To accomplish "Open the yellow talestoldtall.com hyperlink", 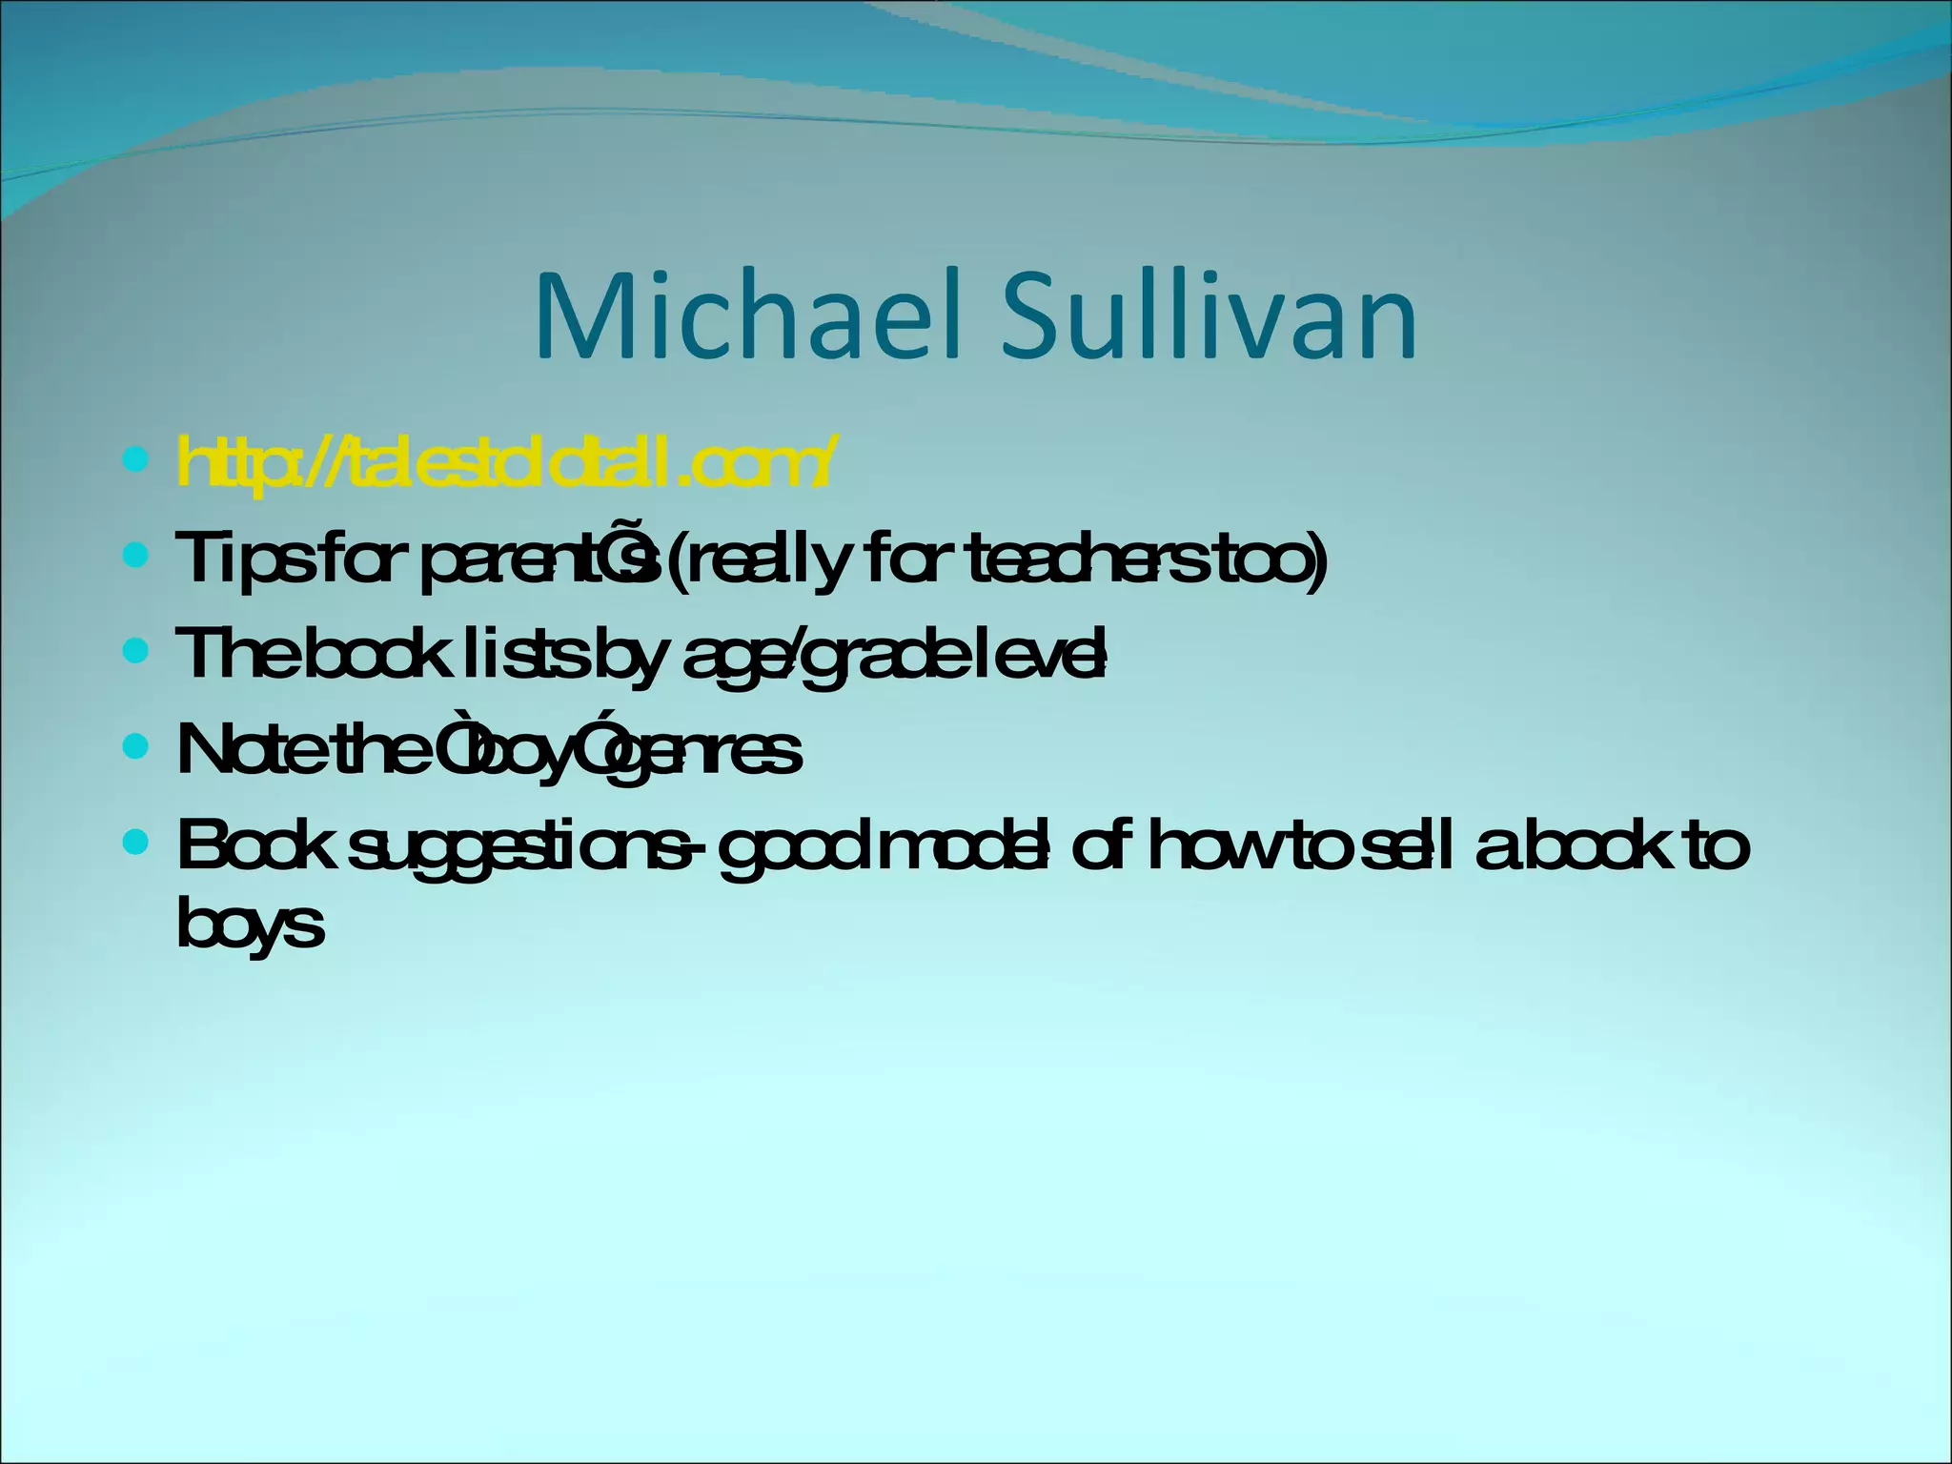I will [x=505, y=463].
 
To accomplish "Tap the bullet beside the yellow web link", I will [x=136, y=461].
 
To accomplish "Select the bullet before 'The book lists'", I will [x=136, y=651].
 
